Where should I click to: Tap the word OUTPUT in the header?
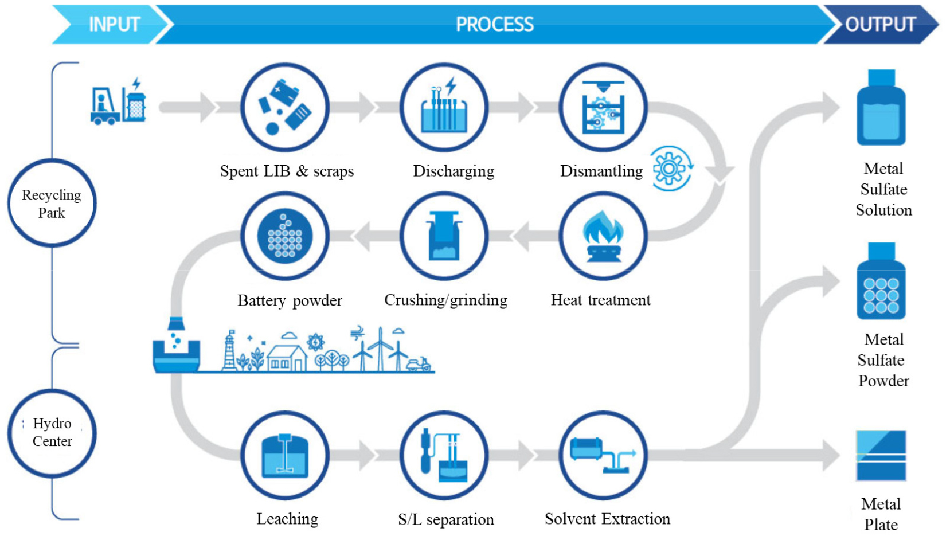[880, 24]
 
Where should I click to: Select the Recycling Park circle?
[52, 204]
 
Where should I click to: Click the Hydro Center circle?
[52, 433]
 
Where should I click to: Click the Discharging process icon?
[444, 107]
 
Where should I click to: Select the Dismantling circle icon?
[603, 107]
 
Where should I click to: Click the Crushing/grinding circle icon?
[444, 236]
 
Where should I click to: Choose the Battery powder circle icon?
[285, 236]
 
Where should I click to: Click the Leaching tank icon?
[285, 456]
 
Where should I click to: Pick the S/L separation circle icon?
[444, 456]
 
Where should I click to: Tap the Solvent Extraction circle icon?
[603, 456]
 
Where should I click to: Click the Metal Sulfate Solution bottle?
[881, 109]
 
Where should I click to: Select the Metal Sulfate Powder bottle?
[881, 282]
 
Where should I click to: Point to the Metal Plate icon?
[881, 456]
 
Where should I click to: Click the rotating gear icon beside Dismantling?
[670, 169]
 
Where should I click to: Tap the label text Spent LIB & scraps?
[287, 171]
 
